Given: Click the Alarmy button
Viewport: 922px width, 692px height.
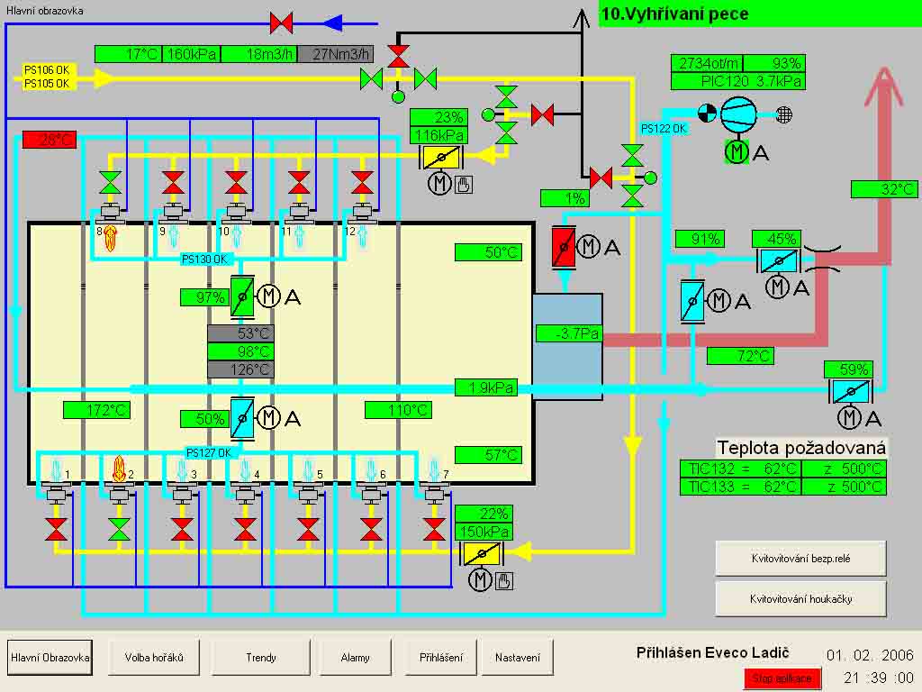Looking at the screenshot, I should (x=355, y=657).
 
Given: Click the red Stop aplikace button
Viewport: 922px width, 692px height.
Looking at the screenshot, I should (x=782, y=678).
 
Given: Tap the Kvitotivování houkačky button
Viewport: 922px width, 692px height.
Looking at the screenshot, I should (x=800, y=598).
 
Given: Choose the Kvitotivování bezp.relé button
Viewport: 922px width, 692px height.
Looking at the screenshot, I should (x=800, y=559).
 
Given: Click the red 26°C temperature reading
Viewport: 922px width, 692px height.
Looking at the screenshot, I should (x=50, y=140).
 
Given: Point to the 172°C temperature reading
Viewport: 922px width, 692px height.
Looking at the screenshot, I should (x=96, y=410).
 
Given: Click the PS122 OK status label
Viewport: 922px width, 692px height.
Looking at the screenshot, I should (x=664, y=129).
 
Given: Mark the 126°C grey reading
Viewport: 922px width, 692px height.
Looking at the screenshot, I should (x=240, y=369).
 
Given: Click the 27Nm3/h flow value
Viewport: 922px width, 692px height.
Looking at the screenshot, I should (x=335, y=54).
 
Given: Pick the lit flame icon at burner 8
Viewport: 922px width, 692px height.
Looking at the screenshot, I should (x=110, y=238).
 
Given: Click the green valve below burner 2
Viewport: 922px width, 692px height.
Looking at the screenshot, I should (x=118, y=527).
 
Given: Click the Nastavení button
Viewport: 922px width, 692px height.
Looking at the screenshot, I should (x=517, y=657).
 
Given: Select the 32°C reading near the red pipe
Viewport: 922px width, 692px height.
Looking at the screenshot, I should (x=884, y=189).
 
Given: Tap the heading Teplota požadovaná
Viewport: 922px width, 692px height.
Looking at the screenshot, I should (x=801, y=448).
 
